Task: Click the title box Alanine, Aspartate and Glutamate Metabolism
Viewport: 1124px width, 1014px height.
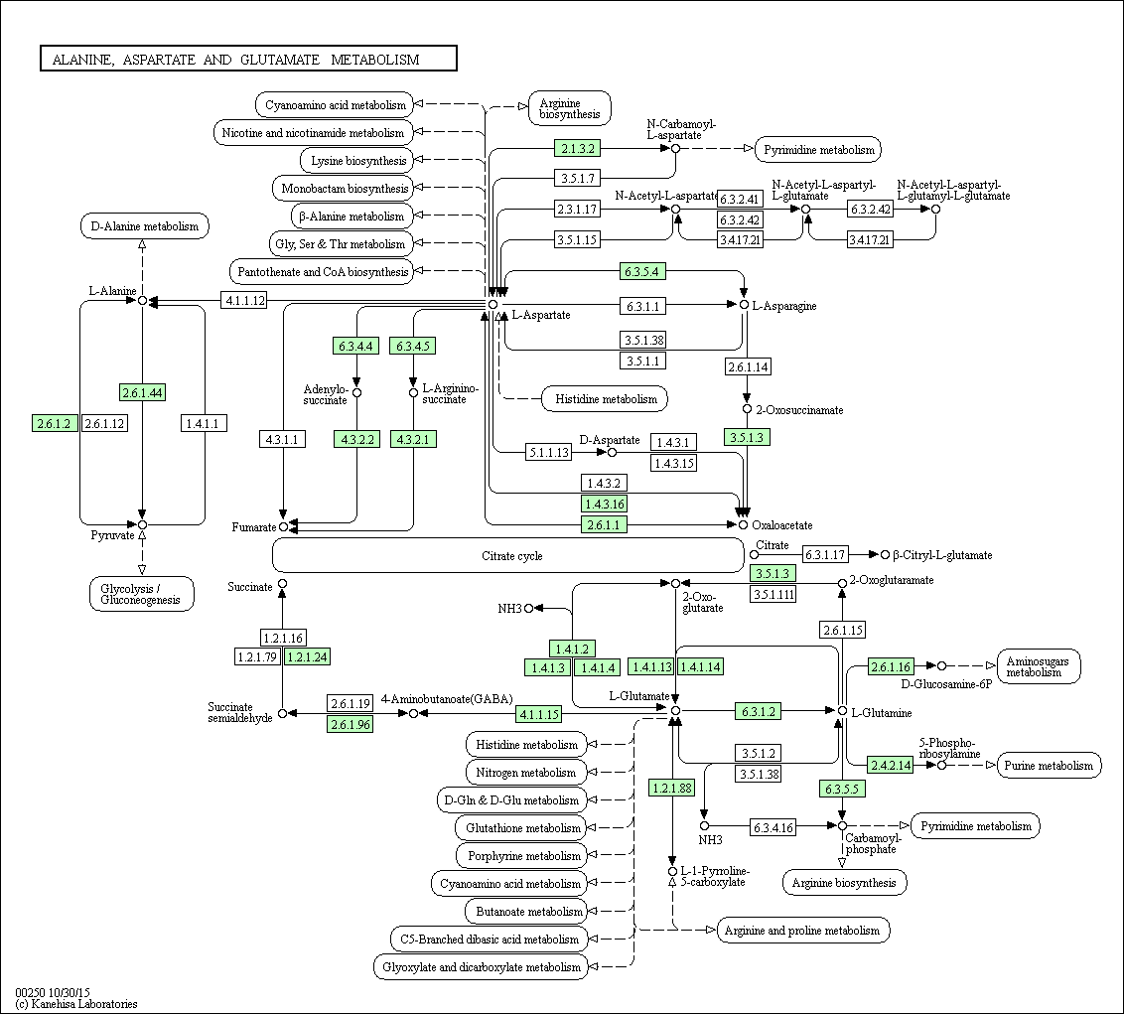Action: click(x=248, y=59)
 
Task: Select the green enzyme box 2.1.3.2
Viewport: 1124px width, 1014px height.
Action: click(x=577, y=148)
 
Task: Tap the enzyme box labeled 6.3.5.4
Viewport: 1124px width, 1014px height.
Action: click(x=642, y=271)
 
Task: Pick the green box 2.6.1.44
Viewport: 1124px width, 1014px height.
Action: click(x=142, y=392)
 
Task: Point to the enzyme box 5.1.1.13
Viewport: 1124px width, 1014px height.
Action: click(x=548, y=453)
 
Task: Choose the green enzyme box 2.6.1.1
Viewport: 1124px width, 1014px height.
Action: click(x=604, y=525)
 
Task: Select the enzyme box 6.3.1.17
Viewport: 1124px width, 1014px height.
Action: click(x=824, y=554)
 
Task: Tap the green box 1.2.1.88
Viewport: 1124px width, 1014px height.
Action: click(x=671, y=789)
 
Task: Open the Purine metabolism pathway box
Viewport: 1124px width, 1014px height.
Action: click(x=1048, y=765)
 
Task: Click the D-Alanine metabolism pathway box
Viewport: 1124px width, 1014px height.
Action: click(x=145, y=225)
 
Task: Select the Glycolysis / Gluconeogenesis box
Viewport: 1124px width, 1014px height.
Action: click(x=142, y=594)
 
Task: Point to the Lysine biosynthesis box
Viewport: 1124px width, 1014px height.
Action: click(x=357, y=161)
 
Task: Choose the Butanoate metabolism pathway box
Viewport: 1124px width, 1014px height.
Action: click(x=527, y=912)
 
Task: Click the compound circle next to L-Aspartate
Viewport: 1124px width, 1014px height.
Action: click(x=492, y=304)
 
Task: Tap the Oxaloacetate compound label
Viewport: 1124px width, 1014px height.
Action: click(x=782, y=525)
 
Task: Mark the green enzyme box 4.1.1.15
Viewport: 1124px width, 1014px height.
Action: click(x=538, y=714)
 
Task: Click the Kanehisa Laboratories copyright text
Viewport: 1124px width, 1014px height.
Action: click(x=76, y=1004)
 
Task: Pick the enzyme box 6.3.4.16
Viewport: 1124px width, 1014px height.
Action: click(x=773, y=827)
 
